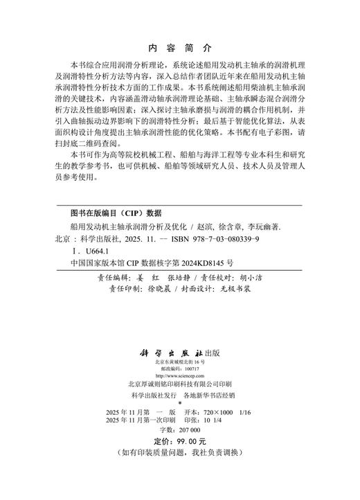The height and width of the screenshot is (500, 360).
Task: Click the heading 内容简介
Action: pyautogui.click(x=180, y=49)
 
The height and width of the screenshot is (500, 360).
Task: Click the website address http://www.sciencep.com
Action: pyautogui.click(x=180, y=375)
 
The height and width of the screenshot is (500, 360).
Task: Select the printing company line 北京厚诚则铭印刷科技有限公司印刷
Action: pyautogui.click(x=179, y=384)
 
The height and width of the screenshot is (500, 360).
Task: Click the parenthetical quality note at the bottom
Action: pyautogui.click(x=179, y=452)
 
